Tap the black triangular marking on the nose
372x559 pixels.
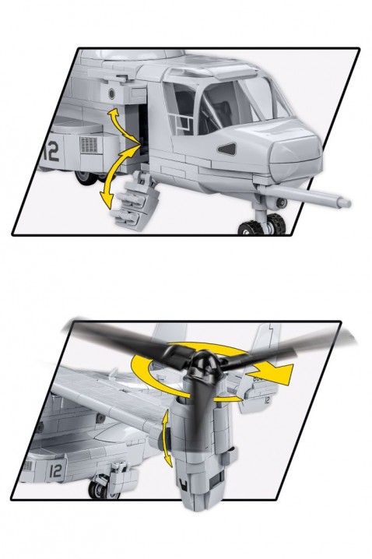[226, 149]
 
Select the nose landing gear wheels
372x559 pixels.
[264, 224]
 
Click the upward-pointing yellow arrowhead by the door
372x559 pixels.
[114, 114]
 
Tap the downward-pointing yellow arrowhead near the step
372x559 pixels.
[106, 200]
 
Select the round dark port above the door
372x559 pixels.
[111, 93]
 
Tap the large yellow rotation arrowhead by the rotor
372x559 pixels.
[277, 375]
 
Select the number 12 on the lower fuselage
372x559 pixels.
[55, 470]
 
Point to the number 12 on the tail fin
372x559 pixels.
[267, 400]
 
